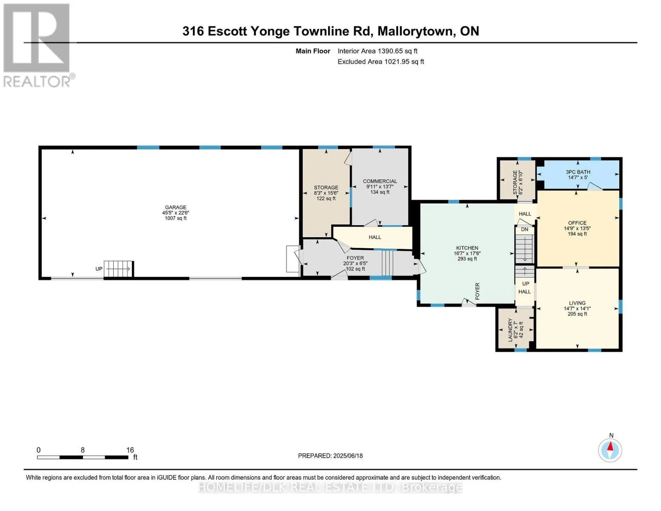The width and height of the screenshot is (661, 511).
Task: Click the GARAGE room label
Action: tap(175, 207)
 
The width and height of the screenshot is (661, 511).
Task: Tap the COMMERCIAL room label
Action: tap(380, 181)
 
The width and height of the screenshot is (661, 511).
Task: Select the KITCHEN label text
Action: tap(467, 248)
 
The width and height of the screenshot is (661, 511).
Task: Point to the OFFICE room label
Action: tap(577, 223)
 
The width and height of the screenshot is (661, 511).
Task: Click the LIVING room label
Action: tap(577, 303)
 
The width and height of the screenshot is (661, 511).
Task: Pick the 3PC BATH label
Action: tap(578, 172)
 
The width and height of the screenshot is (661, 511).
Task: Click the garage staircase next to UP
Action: tap(119, 269)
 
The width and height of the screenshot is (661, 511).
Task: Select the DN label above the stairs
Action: tap(524, 230)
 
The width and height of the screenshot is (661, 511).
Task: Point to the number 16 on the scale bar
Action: tap(130, 450)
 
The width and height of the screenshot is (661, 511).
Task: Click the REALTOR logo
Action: tap(38, 46)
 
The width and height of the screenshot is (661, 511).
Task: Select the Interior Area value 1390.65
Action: tap(388, 51)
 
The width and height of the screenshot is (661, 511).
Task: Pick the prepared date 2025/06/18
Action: tap(348, 456)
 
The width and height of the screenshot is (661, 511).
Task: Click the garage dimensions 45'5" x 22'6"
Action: tap(175, 213)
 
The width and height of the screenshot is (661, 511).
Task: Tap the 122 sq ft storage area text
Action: tap(326, 198)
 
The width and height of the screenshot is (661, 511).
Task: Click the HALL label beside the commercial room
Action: tap(375, 237)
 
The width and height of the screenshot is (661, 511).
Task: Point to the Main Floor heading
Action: tap(313, 51)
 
